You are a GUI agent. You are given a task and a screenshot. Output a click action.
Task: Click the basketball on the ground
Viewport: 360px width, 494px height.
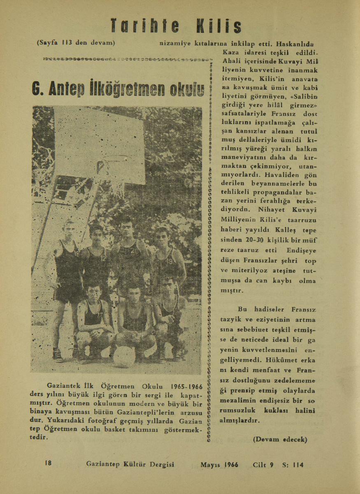[x=124, y=355]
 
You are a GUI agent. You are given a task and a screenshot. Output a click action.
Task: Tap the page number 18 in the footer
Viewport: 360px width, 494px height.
[x=48, y=463]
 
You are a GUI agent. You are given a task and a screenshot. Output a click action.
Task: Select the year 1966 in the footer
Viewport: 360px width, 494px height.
[x=232, y=464]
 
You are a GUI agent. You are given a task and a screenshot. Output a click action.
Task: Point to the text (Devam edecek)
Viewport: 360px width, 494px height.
[x=280, y=440]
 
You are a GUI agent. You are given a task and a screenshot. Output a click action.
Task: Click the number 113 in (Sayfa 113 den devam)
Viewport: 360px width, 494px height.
[x=67, y=42]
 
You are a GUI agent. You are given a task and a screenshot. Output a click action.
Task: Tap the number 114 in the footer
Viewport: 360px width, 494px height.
[x=298, y=464]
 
